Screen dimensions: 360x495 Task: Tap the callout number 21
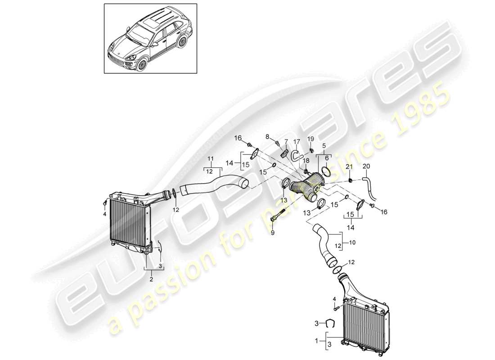(348, 167)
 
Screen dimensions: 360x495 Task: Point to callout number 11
(211, 159)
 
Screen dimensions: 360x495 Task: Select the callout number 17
(297, 141)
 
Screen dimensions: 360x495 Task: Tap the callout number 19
(310, 138)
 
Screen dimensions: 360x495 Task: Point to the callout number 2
(152, 279)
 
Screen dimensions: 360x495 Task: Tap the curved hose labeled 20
(373, 189)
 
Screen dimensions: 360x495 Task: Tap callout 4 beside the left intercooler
(105, 214)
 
